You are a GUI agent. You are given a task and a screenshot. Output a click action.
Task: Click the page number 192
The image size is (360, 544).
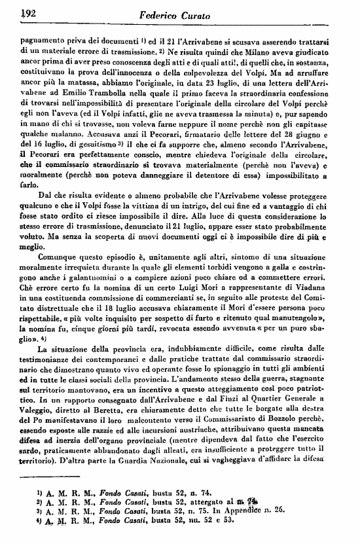pos(28,12)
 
